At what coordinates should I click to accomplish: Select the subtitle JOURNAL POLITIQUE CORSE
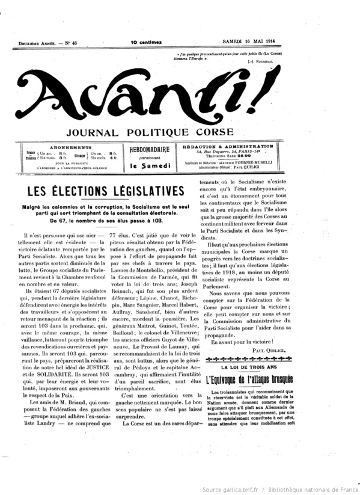180,133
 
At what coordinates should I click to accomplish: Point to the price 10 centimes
146,42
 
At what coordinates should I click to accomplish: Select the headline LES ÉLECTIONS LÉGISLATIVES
100,191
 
